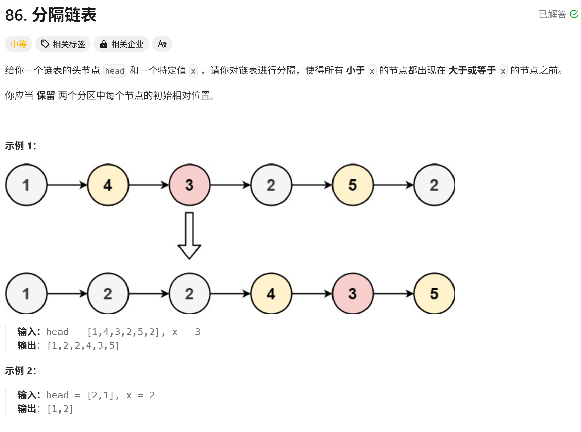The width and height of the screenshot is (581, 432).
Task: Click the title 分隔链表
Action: (x=64, y=15)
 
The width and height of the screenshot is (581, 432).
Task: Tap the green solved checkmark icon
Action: (x=574, y=14)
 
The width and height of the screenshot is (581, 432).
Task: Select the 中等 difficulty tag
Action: (x=19, y=44)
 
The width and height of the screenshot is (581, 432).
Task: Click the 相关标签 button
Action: (x=63, y=44)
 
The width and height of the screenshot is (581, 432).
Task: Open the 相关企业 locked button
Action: (x=121, y=44)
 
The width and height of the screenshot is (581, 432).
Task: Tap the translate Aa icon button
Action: (x=162, y=44)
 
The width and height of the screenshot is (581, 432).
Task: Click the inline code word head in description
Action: (x=115, y=71)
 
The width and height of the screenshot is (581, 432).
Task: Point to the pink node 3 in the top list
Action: (x=189, y=185)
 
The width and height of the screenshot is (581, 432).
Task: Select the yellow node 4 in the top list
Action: (x=108, y=185)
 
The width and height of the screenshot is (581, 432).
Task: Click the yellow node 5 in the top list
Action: (x=353, y=185)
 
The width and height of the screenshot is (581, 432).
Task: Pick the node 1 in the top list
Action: (x=26, y=185)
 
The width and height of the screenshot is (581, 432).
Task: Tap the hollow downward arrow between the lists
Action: (x=189, y=236)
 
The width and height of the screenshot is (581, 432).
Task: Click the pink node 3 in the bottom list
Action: (x=353, y=294)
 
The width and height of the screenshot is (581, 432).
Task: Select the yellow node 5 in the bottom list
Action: (x=434, y=294)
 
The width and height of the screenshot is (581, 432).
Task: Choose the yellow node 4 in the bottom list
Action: (x=271, y=294)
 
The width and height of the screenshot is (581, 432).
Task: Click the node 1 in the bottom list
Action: (x=26, y=294)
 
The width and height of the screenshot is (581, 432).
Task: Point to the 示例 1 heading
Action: (x=20, y=146)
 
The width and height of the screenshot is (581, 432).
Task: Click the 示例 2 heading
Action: (x=20, y=371)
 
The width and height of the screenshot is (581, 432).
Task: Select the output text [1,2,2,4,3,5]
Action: (x=83, y=346)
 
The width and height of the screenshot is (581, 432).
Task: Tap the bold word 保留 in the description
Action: (x=46, y=96)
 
